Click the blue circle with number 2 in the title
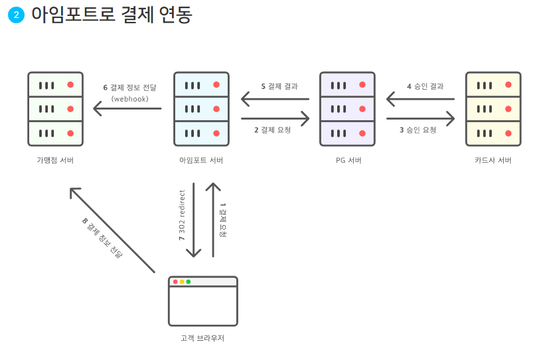point(16,16)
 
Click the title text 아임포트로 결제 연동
point(112,15)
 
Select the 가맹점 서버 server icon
point(55,109)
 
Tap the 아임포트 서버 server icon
point(201,109)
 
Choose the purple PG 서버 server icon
point(347,109)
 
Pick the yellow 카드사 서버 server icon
point(493,109)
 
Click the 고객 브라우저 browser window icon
point(203,301)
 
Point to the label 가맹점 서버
point(55,161)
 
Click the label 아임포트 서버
point(201,161)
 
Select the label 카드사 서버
point(493,161)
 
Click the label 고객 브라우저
point(203,338)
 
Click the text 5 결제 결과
point(279,86)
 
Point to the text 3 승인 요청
point(418,130)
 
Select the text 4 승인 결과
point(425,86)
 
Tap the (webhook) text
point(129,99)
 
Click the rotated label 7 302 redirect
point(182,219)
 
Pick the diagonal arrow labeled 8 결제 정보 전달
point(112,230)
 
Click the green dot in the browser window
point(189,282)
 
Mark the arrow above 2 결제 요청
point(275,119)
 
